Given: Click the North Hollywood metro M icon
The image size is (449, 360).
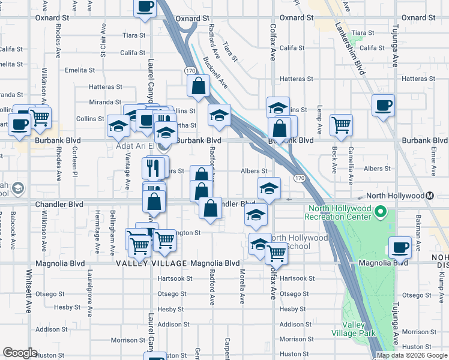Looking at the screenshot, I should (x=430, y=196).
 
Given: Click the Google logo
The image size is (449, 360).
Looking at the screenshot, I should (x=20, y=353).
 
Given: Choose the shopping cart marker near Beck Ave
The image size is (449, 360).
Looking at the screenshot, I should (x=341, y=125).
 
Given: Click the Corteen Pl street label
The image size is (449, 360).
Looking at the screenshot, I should (x=76, y=164).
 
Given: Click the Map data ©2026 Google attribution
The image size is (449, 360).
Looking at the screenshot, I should (x=412, y=355).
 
